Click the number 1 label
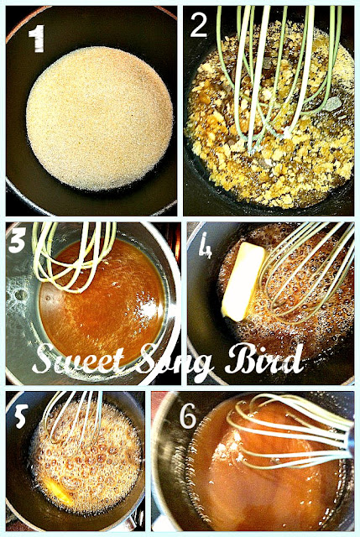click(x=37, y=39)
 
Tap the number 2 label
click(x=198, y=25)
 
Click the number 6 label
click(x=188, y=415)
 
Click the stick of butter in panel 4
click(x=243, y=281)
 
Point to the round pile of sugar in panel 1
click(x=99, y=118)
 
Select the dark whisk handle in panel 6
click(x=349, y=440)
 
